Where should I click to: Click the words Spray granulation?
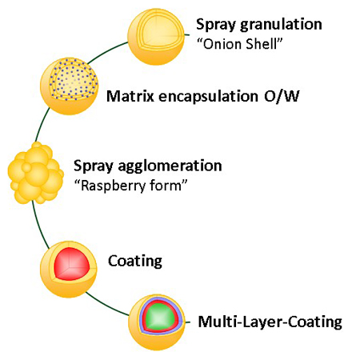click(x=259, y=25)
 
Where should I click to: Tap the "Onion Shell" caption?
click(x=239, y=44)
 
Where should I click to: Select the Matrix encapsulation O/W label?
click(x=203, y=96)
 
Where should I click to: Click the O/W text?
click(x=282, y=96)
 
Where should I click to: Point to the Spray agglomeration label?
click(x=148, y=166)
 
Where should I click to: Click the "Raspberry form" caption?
click(x=130, y=185)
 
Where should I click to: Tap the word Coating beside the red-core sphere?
click(x=135, y=261)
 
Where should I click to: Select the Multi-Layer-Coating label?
click(x=270, y=322)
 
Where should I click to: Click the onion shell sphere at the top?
click(x=156, y=37)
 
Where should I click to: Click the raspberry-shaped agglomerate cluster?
click(x=35, y=173)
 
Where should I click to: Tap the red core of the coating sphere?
click(x=72, y=264)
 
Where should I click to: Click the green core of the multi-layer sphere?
click(x=160, y=317)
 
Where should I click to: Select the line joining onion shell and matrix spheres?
click(x=106, y=51)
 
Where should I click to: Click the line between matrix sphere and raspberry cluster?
click(x=42, y=124)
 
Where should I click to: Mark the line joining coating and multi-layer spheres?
click(x=106, y=306)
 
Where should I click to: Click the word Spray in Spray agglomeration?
click(x=94, y=166)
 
